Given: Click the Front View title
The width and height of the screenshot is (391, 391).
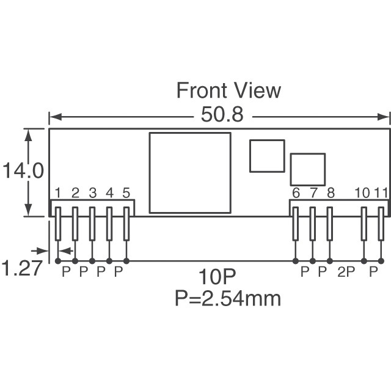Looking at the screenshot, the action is click(x=228, y=90).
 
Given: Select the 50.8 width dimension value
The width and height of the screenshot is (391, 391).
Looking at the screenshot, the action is click(x=222, y=114).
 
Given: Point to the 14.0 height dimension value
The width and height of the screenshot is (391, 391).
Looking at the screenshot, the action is click(x=23, y=170).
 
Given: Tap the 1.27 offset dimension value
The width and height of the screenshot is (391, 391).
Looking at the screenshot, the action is click(x=22, y=268).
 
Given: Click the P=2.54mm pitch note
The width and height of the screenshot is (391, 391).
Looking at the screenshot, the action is click(x=228, y=298).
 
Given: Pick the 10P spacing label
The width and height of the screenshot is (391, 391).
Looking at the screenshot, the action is click(x=217, y=277).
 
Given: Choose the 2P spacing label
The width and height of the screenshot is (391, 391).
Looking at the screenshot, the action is click(x=346, y=272).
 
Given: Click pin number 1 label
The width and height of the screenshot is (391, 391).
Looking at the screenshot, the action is click(x=57, y=193).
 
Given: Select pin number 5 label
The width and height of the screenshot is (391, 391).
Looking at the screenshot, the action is click(x=126, y=193).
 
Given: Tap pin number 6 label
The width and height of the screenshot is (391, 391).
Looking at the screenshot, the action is click(x=296, y=193).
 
